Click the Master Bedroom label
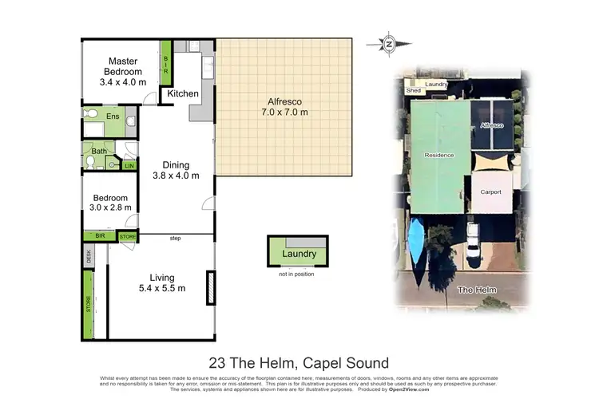point(123,71)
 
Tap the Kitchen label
point(183,94)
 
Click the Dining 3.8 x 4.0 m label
point(176,171)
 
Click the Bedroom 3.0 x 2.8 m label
point(109,203)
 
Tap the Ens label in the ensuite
point(113,117)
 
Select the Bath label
point(99,151)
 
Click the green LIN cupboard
point(129,166)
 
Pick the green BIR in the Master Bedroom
point(166,61)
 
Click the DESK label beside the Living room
point(88,255)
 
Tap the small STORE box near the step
point(128,237)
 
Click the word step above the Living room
point(176,238)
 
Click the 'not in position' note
point(297,274)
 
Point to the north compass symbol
point(389,44)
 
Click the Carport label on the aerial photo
point(490,192)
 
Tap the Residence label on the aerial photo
point(438,155)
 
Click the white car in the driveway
point(474,243)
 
